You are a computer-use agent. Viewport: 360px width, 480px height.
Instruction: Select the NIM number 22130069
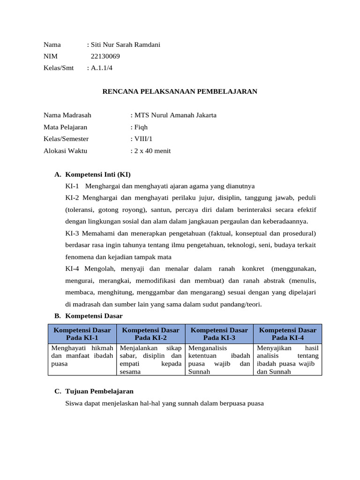pyautogui.click(x=105, y=56)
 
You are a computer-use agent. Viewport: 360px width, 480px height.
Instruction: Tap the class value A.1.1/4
pyautogui.click(x=102, y=68)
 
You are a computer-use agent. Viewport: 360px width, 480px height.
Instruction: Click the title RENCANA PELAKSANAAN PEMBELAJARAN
pyautogui.click(x=180, y=91)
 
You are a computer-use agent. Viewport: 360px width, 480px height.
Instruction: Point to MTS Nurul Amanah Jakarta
pyautogui.click(x=175, y=115)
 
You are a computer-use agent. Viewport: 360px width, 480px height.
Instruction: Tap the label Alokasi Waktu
pyautogui.click(x=65, y=151)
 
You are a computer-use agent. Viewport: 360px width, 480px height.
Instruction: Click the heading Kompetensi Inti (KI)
pyautogui.click(x=98, y=174)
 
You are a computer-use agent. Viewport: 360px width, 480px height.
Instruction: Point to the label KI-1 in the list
pyautogui.click(x=73, y=186)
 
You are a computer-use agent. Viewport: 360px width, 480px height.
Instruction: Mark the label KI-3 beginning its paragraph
pyautogui.click(x=73, y=233)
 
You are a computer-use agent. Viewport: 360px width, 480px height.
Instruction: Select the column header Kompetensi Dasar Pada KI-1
pyautogui.click(x=82, y=334)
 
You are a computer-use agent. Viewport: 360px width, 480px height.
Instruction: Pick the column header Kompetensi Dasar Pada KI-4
pyautogui.click(x=288, y=334)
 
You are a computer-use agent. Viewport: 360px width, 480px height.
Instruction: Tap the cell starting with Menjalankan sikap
pyautogui.click(x=150, y=360)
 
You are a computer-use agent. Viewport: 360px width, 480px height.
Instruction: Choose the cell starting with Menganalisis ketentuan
pyautogui.click(x=219, y=360)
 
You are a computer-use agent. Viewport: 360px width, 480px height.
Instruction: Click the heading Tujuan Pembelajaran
pyautogui.click(x=99, y=391)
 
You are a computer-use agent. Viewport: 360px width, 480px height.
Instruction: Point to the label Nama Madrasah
pyautogui.click(x=67, y=115)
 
